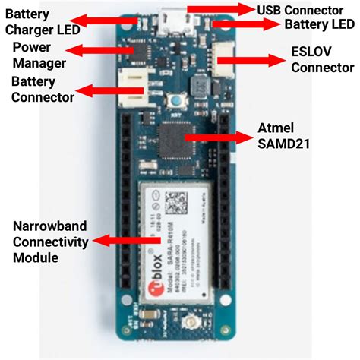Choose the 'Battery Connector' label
[43, 89]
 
